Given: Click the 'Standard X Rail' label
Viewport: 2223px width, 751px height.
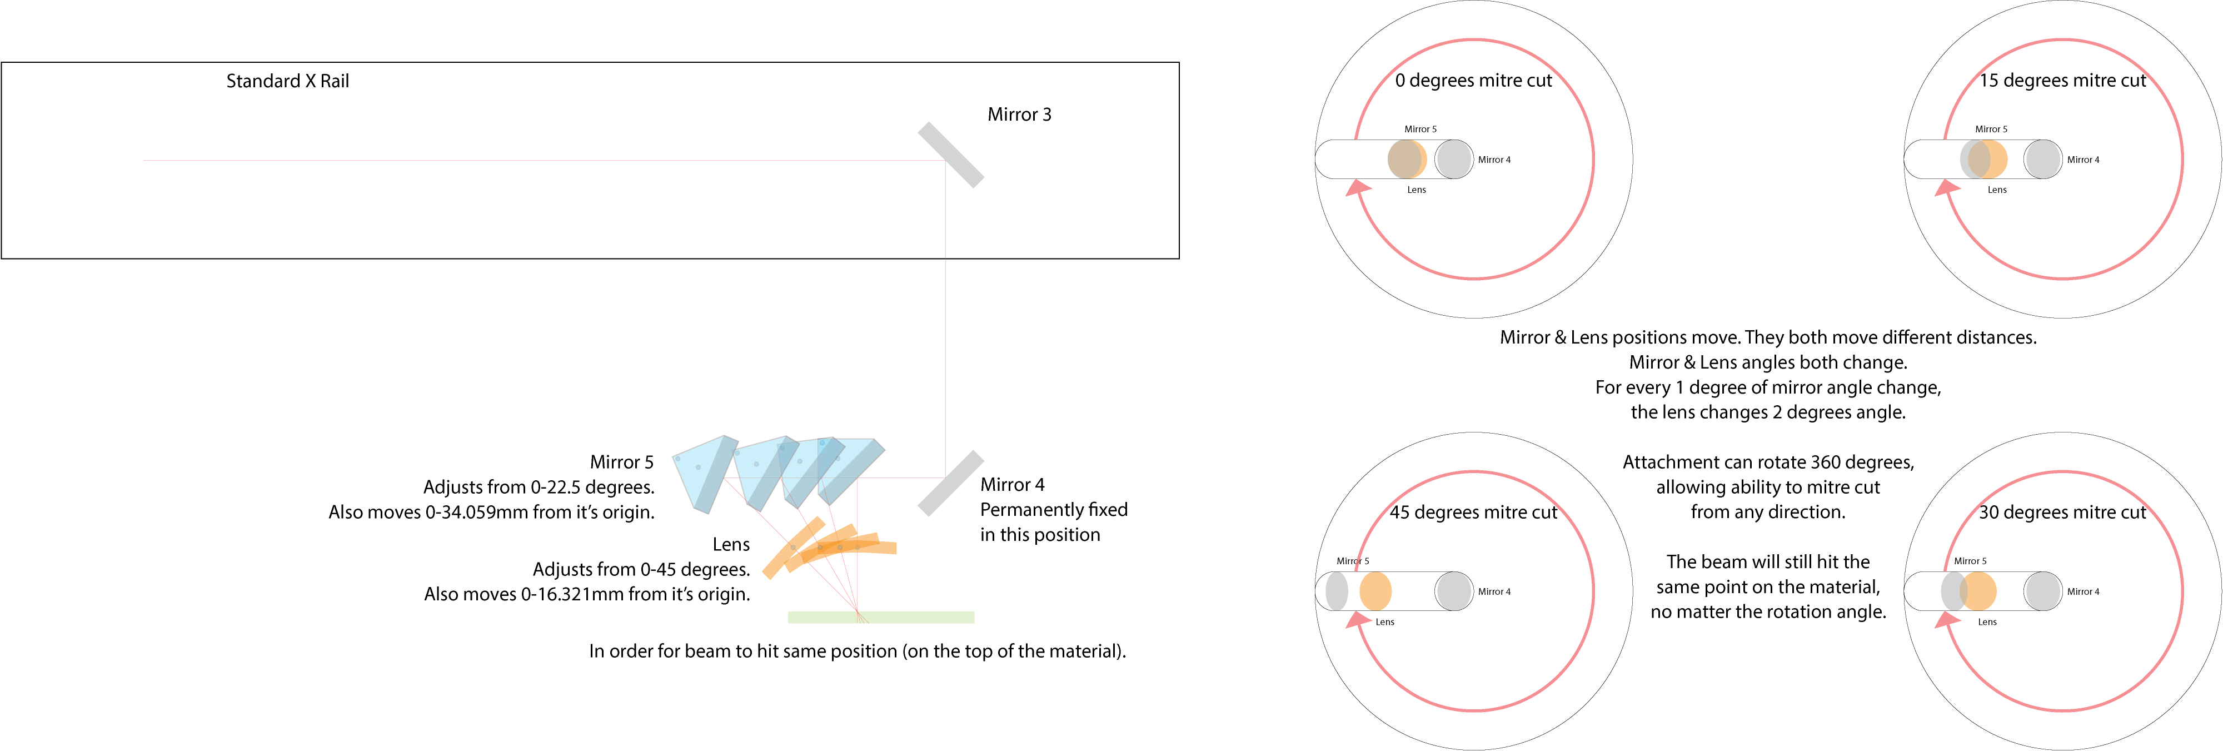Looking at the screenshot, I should pos(287,81).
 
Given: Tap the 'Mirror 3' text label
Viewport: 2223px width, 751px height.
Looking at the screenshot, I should pos(1019,115).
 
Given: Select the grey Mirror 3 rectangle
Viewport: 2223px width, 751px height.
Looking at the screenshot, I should pos(950,155).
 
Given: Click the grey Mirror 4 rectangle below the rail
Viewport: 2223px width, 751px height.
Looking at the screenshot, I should pos(950,484).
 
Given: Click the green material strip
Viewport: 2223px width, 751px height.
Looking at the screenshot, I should pos(880,617).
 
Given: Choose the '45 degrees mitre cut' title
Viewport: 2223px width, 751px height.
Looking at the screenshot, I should pos(1473,513).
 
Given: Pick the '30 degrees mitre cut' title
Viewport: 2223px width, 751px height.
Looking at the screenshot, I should pos(2062,513).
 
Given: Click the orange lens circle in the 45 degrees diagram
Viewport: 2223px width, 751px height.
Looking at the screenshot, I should pos(1375,591).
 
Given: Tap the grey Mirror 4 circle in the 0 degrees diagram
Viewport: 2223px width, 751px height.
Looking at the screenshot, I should pos(1454,160).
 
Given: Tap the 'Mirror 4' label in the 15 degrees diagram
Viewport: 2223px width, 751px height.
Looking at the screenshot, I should pos(2083,160).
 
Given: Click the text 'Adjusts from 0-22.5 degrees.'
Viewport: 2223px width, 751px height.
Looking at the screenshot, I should pos(539,488).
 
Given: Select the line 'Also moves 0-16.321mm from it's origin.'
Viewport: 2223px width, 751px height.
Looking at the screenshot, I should pos(587,595).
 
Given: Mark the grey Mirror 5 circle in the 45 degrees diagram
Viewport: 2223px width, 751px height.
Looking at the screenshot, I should pos(1336,591).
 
